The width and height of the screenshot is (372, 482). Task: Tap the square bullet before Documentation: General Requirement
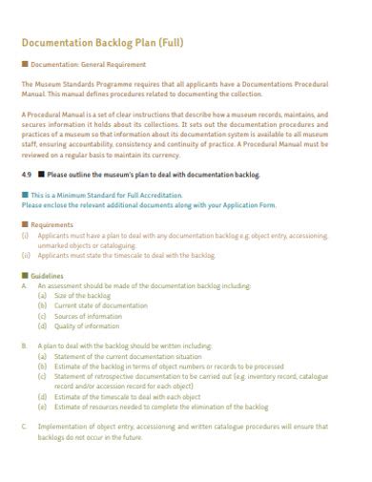(x=24, y=65)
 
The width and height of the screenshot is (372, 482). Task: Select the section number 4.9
(x=26, y=175)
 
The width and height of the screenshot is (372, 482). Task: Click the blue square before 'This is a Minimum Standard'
(x=24, y=194)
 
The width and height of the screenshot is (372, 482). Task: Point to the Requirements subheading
(x=52, y=224)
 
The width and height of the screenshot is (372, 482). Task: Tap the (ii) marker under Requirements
(x=26, y=255)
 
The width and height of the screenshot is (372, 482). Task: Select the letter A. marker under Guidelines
(x=25, y=285)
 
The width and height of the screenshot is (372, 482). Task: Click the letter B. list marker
(x=25, y=346)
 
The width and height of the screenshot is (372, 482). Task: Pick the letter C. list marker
(x=25, y=426)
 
